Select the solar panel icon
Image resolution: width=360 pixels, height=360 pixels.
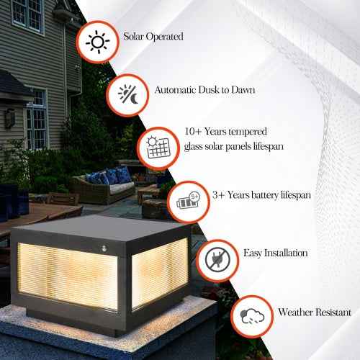tap(157, 147)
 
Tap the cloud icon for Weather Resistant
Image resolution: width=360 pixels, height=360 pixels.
tap(252, 316)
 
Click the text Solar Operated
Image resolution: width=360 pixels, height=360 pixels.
tap(153, 36)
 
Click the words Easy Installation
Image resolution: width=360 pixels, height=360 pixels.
tap(276, 253)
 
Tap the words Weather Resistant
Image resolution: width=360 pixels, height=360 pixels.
tap(314, 312)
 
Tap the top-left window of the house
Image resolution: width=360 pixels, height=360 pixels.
tap(27, 14)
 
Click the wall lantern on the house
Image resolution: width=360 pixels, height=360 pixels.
tap(10, 117)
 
